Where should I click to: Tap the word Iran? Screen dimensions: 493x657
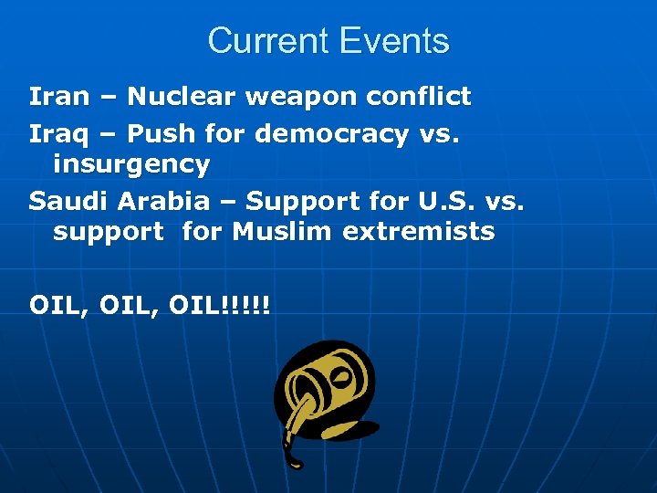[x=59, y=96]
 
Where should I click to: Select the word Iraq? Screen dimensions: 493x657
[x=59, y=134]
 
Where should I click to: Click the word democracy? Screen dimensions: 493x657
[x=331, y=134]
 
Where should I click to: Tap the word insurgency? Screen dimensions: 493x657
[x=131, y=164]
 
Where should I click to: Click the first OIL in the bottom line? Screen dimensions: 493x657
[x=56, y=304]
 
